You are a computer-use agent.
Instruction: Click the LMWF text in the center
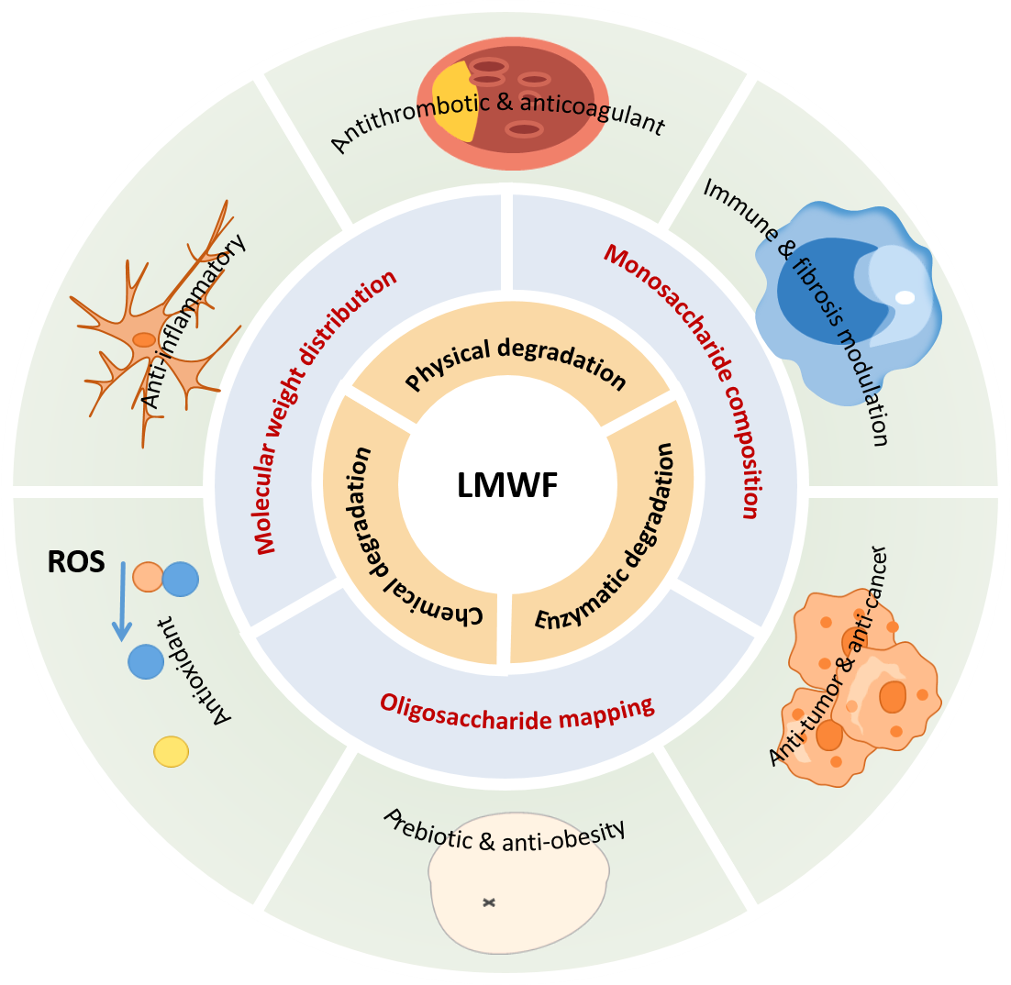click(x=506, y=486)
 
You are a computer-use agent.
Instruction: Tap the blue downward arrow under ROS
click(x=120, y=605)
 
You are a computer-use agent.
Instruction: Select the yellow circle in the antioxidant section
click(x=171, y=751)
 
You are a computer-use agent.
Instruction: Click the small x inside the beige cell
click(x=490, y=903)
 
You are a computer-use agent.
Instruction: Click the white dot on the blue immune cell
click(x=905, y=297)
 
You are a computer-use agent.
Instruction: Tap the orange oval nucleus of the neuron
click(x=144, y=340)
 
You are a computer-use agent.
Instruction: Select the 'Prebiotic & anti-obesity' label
click(x=504, y=831)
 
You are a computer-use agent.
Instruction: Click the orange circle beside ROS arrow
click(x=147, y=577)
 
